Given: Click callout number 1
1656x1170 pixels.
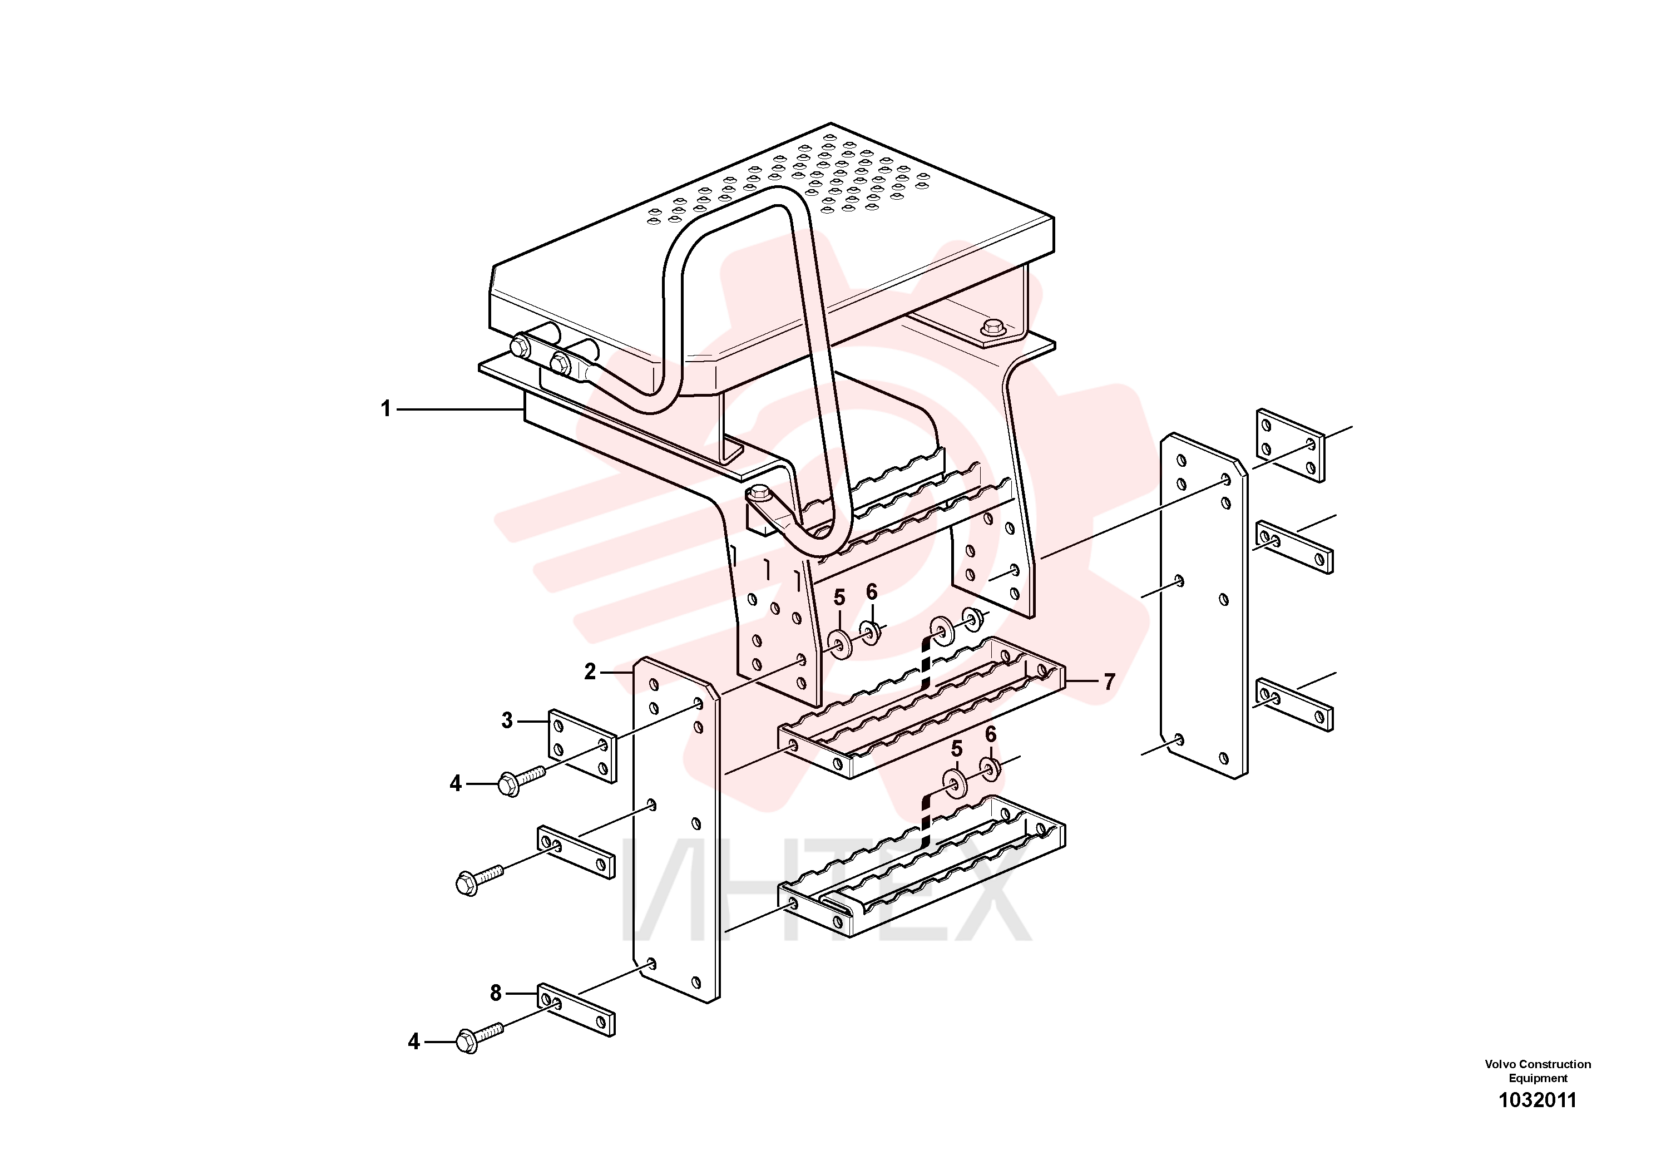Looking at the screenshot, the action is click(386, 409).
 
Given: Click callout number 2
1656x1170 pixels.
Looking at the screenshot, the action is click(590, 672).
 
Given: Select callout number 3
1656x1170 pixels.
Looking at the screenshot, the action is click(507, 720).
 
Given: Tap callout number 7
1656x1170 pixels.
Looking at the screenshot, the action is click(1109, 681).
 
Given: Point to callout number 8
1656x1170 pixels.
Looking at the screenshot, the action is click(496, 993).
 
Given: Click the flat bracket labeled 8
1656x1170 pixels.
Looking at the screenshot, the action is click(576, 1010).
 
